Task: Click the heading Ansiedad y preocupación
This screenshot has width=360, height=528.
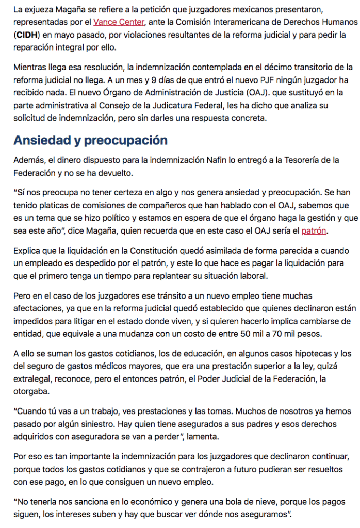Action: pyautogui.click(x=90, y=140)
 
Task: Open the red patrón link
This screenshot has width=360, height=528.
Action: pyautogui.click(x=314, y=230)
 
